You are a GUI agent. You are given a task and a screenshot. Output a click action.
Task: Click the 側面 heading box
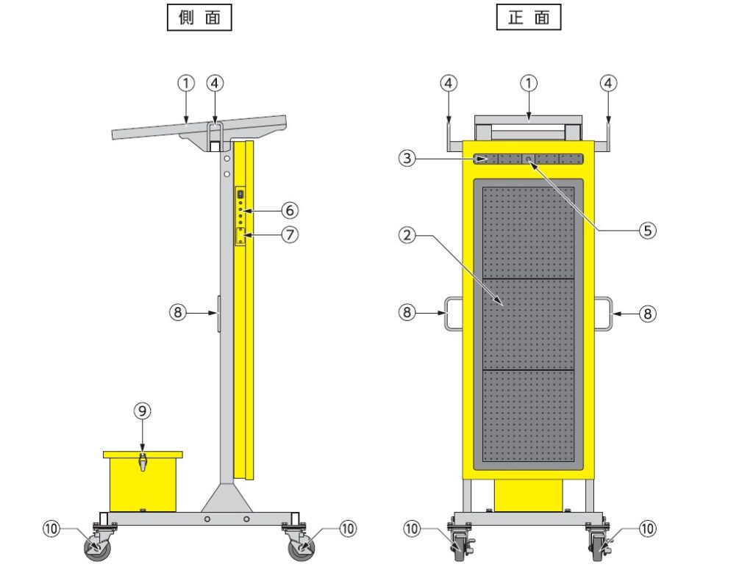pos(199,18)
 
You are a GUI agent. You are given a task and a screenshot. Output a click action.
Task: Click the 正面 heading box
pos(529,18)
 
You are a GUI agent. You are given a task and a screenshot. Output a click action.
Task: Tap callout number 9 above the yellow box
pos(142,411)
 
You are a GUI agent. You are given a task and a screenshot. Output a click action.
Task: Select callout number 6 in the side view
pos(289,210)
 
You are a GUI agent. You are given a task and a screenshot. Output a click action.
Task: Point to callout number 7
pos(289,234)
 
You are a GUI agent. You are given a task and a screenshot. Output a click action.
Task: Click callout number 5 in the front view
pos(647,231)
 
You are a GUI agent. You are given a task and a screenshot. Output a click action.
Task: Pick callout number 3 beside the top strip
pos(407,158)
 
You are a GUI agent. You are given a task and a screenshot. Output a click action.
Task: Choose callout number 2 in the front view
pos(407,236)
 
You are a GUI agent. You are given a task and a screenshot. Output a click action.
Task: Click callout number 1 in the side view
pos(186,84)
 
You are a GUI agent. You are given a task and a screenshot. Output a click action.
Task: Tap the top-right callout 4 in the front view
pos(608,84)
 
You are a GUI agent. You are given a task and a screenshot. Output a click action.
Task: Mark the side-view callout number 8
pos(178,313)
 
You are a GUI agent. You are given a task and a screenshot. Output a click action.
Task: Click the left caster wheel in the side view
pos(98,547)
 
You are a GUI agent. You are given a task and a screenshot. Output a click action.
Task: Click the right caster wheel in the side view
pos(301,547)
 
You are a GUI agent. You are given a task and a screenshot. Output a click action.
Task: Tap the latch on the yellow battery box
pos(142,462)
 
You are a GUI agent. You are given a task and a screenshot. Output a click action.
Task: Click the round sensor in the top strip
pos(528,159)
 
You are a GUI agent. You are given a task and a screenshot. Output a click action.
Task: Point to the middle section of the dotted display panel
pos(528,325)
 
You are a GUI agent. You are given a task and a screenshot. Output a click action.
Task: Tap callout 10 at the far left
pos(51,529)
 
